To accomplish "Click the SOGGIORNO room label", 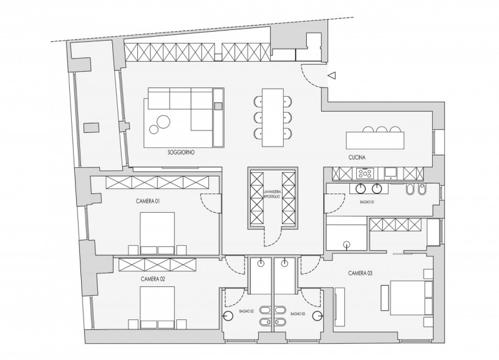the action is point(181,152).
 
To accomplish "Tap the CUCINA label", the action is point(357,157).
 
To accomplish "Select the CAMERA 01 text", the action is point(148,201).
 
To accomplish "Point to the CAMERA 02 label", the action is point(153,279).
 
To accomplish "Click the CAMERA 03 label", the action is point(361,273).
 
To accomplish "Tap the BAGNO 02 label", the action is point(246,312).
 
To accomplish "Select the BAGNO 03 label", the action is point(298,314).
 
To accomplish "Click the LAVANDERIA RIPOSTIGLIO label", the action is point(272,195).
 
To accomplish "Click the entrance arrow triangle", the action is point(332,75).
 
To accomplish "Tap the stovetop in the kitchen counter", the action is point(364,173).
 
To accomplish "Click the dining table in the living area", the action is point(273,117).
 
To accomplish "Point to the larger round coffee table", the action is point(163,121).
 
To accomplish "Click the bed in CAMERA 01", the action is point(157,233).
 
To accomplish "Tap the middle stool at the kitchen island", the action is point(382,130).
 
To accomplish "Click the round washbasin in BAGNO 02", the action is point(228,316).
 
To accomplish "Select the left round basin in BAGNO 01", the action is point(361,188).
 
